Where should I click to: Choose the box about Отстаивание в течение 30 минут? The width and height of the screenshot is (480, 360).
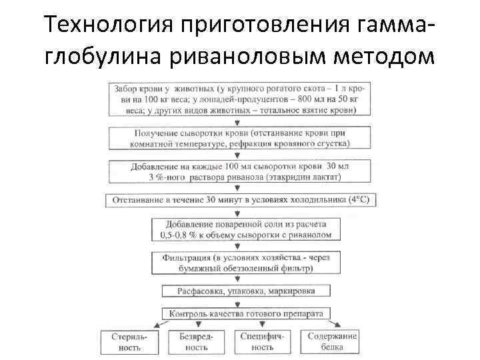[240, 200]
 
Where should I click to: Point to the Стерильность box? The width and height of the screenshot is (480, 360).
[129, 342]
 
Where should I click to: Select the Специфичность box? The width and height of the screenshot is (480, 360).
[263, 342]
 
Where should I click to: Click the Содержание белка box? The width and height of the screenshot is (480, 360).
[331, 342]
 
